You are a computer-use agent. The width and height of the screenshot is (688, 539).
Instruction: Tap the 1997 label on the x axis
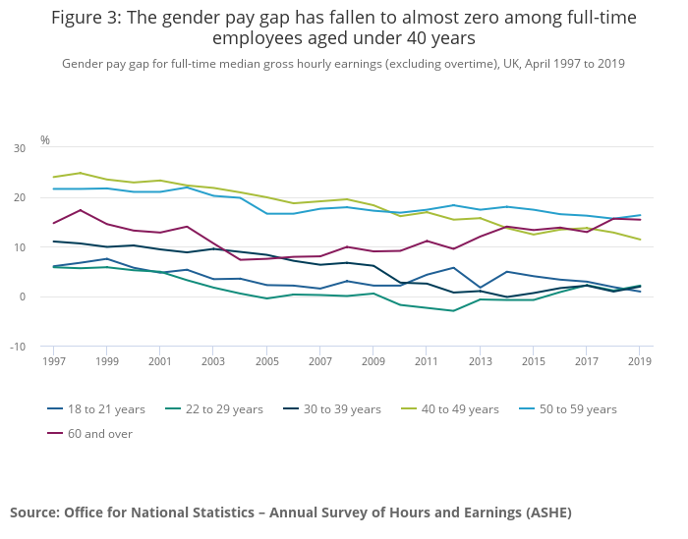click(x=55, y=361)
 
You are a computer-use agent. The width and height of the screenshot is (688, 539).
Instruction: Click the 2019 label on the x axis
click(x=640, y=361)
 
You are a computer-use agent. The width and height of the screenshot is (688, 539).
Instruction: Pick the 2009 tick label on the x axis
click(x=373, y=361)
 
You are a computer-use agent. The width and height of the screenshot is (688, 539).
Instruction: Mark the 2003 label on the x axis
click(x=214, y=361)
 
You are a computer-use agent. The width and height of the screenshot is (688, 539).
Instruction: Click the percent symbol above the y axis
click(x=45, y=140)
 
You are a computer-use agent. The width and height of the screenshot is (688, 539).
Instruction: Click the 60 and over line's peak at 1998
click(x=82, y=210)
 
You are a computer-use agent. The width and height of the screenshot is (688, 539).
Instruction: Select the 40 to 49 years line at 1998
click(x=82, y=173)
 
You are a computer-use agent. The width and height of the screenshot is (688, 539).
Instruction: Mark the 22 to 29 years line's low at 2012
click(x=453, y=310)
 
